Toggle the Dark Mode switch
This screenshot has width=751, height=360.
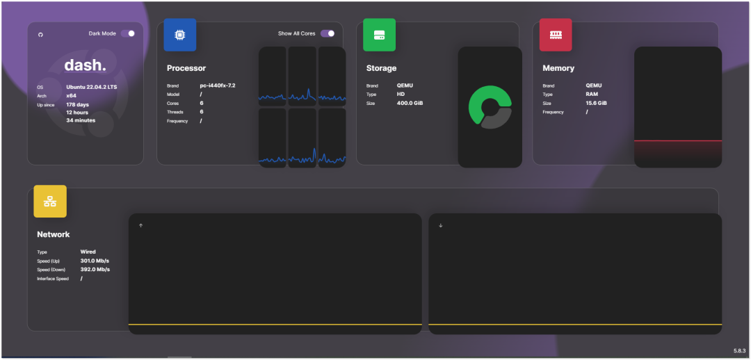tap(128, 33)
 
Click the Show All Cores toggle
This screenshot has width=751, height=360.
tap(327, 33)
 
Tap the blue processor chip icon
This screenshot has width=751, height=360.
tap(179, 35)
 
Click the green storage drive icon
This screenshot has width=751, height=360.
tap(379, 35)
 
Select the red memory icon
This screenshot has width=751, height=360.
tap(556, 35)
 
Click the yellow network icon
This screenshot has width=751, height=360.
tap(50, 202)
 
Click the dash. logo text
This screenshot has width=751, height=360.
tap(85, 65)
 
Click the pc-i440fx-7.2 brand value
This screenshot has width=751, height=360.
tap(218, 85)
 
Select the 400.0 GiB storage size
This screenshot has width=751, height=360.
tap(410, 103)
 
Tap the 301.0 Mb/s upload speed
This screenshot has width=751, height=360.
tap(95, 261)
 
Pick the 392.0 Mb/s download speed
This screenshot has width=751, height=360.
tap(95, 270)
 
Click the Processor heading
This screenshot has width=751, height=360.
tap(186, 68)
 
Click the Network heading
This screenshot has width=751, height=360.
tap(54, 234)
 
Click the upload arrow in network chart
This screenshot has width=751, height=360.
tap(140, 225)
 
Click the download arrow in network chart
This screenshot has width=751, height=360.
tap(440, 225)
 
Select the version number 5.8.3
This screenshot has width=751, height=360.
tap(739, 351)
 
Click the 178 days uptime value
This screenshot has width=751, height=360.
tap(78, 104)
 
